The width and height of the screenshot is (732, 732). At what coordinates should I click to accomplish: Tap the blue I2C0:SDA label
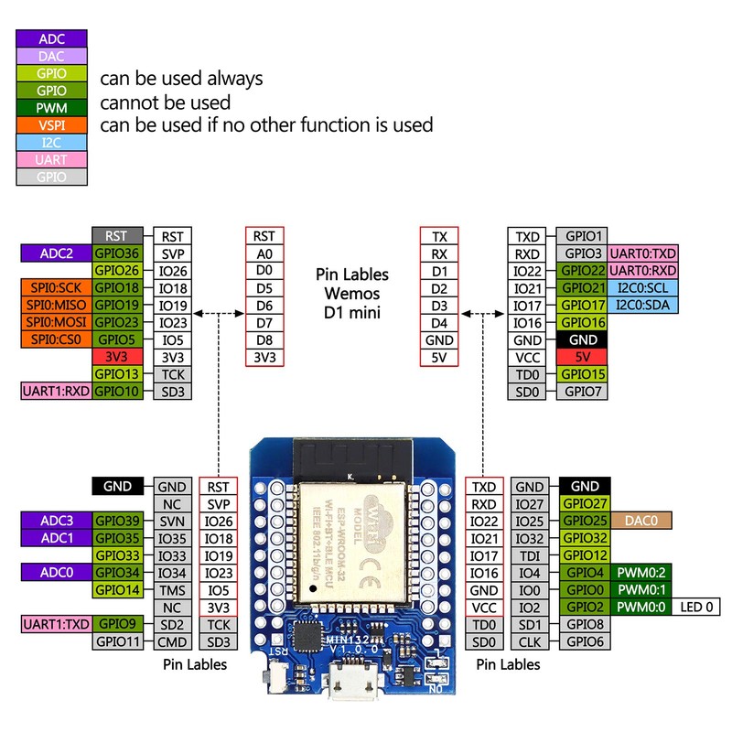(644, 305)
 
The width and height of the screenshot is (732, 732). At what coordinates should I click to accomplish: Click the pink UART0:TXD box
(644, 253)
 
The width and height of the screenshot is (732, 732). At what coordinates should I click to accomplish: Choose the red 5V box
(583, 357)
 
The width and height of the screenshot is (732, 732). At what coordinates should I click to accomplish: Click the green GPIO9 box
(116, 624)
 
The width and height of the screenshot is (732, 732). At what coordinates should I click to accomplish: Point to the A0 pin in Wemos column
(264, 253)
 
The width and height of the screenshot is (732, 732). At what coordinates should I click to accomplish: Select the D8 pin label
(264, 339)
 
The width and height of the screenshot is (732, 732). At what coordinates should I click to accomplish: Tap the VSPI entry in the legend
(52, 124)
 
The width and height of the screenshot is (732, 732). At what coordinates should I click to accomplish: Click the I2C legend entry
(52, 142)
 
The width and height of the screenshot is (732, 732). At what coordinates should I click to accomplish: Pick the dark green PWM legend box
(52, 108)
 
